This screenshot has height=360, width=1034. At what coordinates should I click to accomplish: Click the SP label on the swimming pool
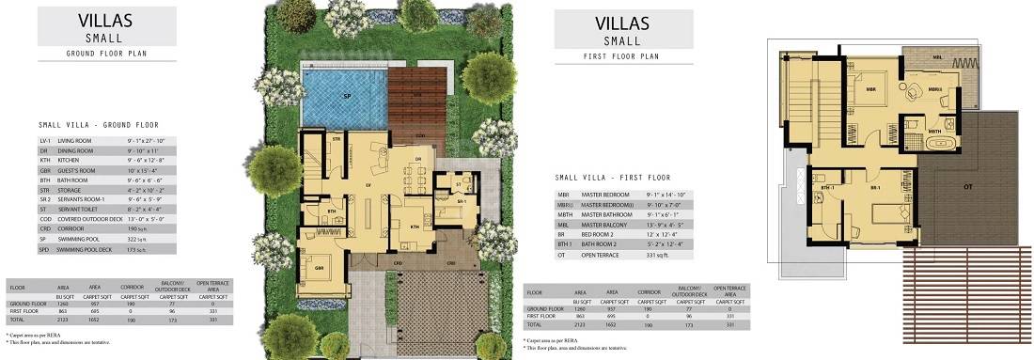point(346,96)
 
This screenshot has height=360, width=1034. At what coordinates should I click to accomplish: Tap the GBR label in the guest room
point(320,266)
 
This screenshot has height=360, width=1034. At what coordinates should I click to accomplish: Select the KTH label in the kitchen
point(415,227)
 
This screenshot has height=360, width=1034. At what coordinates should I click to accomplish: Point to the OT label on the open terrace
point(967,187)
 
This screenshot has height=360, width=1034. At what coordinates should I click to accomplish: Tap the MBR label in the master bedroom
point(870,89)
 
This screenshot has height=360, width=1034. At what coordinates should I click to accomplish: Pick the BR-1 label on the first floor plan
point(876,188)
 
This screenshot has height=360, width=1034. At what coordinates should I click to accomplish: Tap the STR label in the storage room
point(336,140)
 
